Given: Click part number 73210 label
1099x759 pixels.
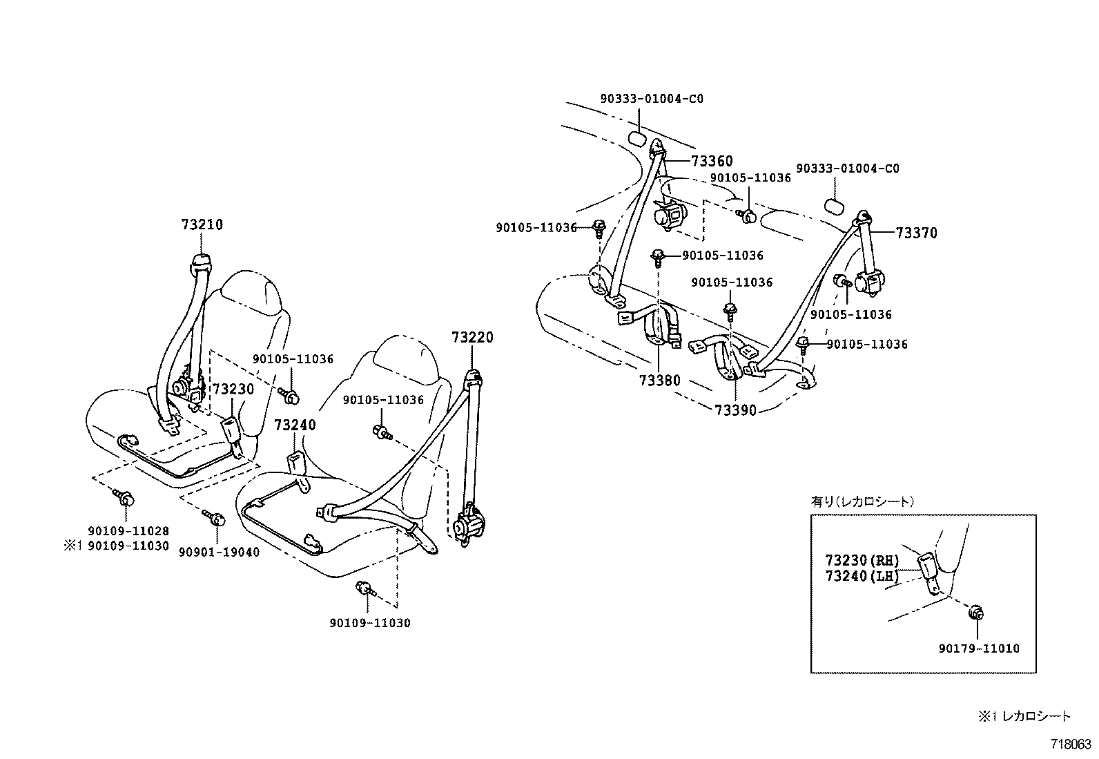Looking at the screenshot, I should pos(202,225).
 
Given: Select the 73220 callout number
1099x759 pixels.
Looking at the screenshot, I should pos(473,338).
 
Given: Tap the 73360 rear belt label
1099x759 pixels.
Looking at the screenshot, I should pos(712,162).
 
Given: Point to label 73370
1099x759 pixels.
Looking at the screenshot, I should pos(917,233).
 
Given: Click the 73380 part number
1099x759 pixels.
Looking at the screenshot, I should pos(659,381).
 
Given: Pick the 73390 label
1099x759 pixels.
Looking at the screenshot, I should pos(735,410).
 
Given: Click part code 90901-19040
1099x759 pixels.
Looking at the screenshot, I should pos(219,552).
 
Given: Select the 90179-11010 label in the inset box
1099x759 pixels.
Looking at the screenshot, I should pos(979,648).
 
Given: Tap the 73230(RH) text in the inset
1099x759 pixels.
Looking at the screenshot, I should pos(862,560).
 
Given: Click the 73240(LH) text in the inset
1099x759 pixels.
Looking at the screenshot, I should pos(862,575).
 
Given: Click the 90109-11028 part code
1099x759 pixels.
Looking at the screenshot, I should pos(128,531).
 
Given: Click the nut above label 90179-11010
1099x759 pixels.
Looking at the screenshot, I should pos(976,613).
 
